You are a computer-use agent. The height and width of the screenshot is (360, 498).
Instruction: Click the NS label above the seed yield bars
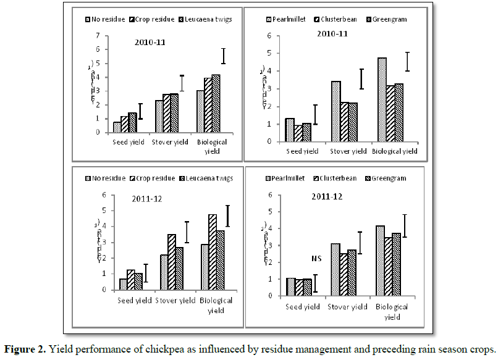pyautogui.click(x=299, y=259)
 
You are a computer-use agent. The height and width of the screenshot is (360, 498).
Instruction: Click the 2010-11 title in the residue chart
pyautogui.click(x=152, y=43)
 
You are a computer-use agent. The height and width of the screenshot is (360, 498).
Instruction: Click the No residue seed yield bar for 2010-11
pyautogui.click(x=117, y=127)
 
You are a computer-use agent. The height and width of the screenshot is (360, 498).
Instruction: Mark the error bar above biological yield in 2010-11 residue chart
pyautogui.click(x=223, y=56)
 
